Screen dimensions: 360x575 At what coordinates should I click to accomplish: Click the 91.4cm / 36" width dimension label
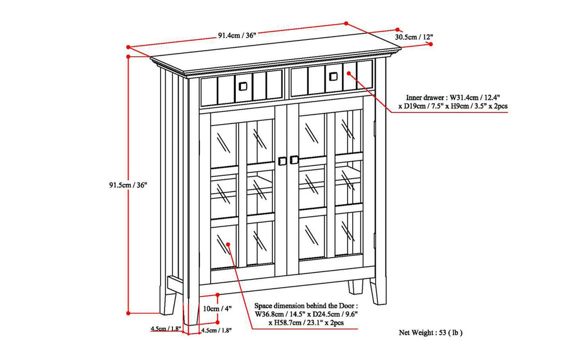(238, 35)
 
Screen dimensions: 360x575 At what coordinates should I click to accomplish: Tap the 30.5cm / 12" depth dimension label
(414, 37)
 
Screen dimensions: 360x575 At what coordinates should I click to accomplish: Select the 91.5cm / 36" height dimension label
(129, 185)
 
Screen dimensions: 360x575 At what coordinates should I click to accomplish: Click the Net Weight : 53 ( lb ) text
(431, 332)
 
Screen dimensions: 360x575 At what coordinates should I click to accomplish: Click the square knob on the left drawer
(243, 85)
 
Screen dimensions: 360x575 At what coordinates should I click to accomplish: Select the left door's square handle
(282, 161)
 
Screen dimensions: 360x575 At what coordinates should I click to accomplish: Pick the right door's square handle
(294, 160)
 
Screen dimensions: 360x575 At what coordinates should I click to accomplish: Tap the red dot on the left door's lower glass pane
(229, 244)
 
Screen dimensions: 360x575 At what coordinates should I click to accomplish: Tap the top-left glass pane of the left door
(224, 145)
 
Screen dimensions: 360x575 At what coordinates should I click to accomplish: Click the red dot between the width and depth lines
(346, 24)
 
